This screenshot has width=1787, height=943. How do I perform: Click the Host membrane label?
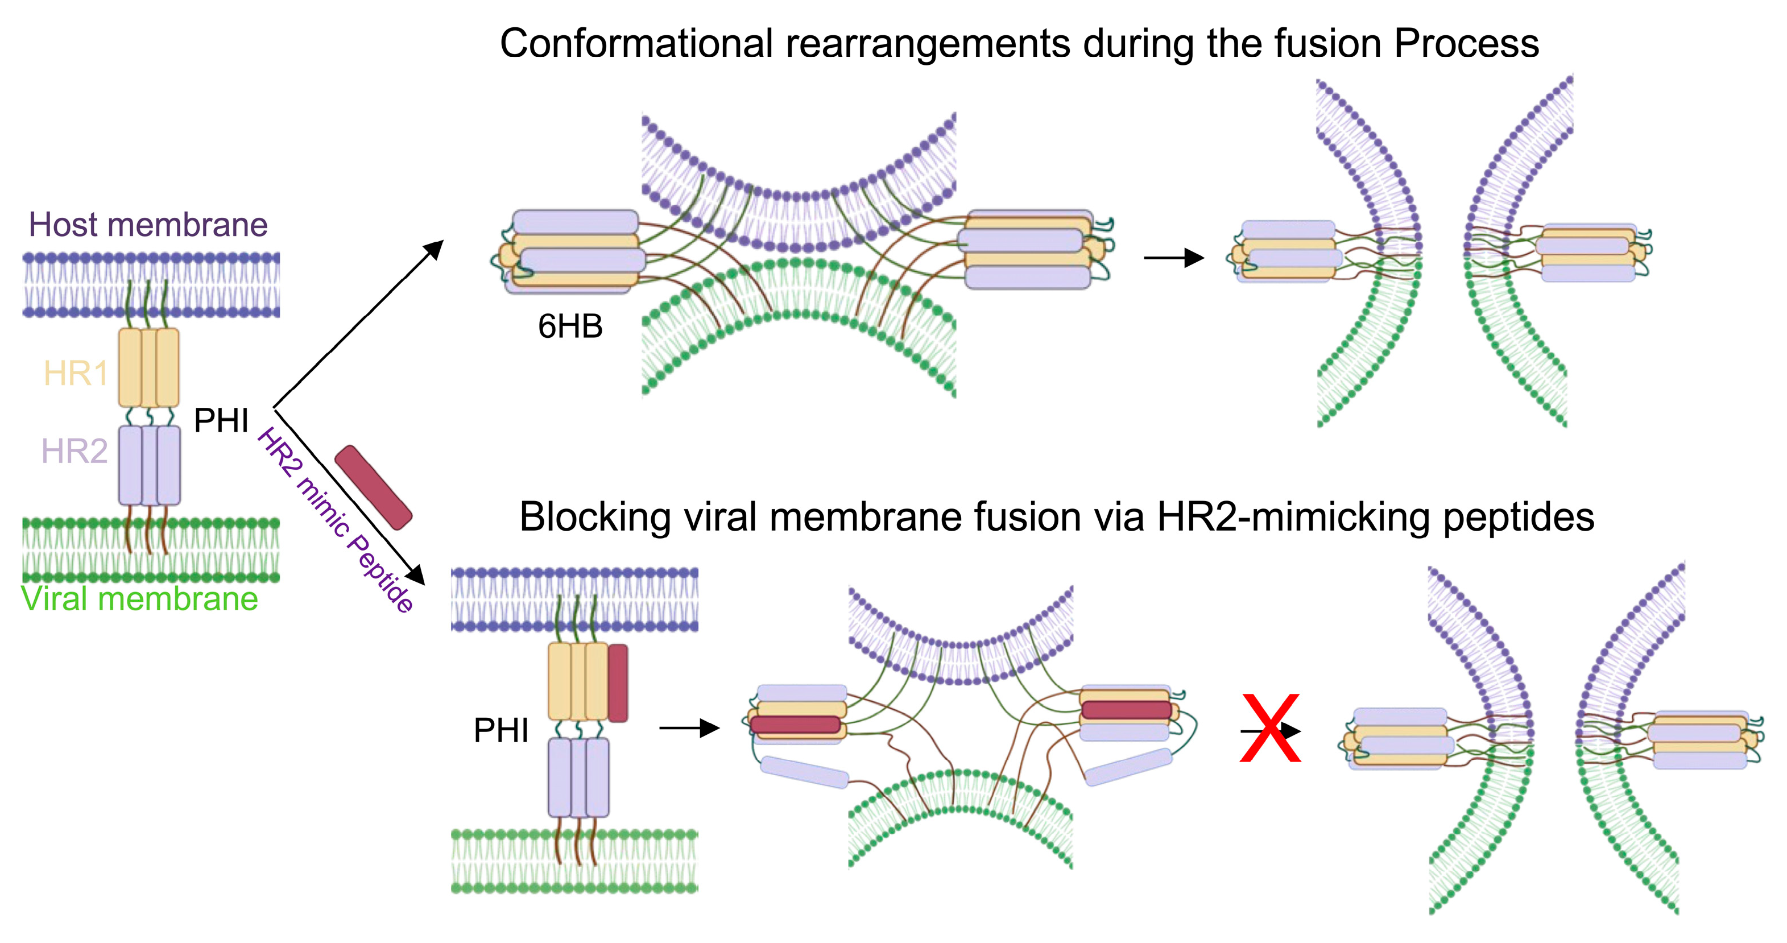tap(148, 225)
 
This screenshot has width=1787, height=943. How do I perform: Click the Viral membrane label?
tap(139, 598)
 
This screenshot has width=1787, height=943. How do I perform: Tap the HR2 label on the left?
tap(75, 451)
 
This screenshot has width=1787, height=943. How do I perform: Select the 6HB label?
tap(570, 326)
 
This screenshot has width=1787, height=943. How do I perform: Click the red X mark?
tap(1269, 728)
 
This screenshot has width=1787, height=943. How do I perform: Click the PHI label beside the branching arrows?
tap(221, 420)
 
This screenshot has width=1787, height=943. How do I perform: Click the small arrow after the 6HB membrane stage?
tap(1174, 258)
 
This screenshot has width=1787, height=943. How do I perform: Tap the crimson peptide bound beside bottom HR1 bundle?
tap(618, 683)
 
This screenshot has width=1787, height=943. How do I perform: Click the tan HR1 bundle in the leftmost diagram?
tap(148, 368)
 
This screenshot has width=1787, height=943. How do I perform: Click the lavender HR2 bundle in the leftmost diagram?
tap(149, 465)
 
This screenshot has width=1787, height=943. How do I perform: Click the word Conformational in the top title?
tap(636, 43)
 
